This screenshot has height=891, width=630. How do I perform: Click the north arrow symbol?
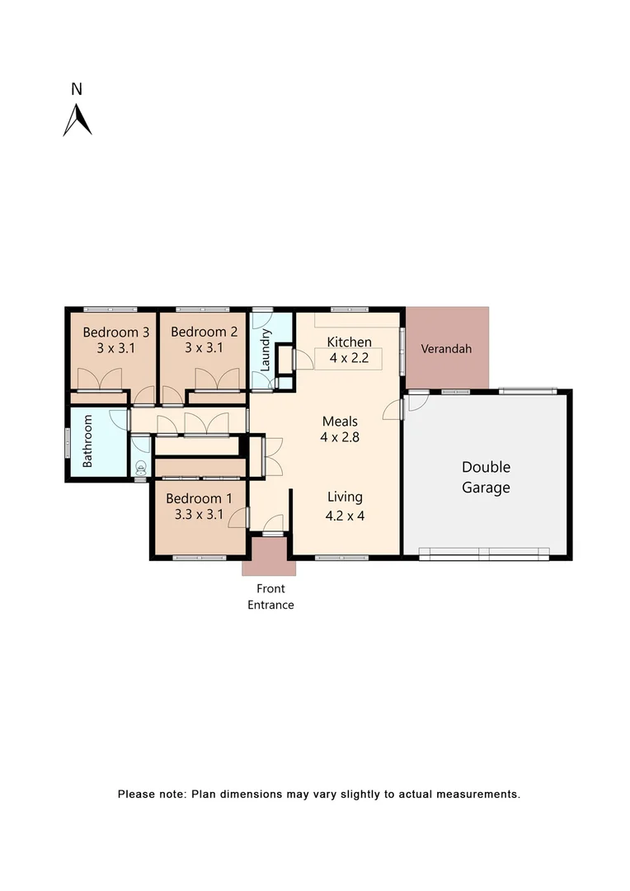[x=78, y=120]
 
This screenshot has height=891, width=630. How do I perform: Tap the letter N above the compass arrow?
[x=77, y=89]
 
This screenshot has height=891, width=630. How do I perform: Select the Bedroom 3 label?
[x=115, y=332]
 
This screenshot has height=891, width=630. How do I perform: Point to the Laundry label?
[x=266, y=350]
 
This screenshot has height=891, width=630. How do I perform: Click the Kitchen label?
[x=349, y=342]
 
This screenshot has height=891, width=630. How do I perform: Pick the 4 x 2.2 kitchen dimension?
[x=349, y=358]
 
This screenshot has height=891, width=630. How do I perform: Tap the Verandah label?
[x=446, y=349]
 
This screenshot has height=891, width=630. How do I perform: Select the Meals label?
[x=340, y=422]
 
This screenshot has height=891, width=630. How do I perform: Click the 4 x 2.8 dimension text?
[x=340, y=437]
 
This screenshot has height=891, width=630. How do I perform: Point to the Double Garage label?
[x=486, y=477]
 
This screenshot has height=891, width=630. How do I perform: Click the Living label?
[x=345, y=497]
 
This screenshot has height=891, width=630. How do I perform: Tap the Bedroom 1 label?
[x=199, y=498]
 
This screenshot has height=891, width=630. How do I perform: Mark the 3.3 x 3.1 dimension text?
[x=199, y=515]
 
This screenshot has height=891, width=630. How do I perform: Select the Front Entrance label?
[x=270, y=596]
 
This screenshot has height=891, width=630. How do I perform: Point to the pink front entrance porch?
[x=268, y=556]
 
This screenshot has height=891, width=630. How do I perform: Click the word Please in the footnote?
[x=136, y=794]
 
